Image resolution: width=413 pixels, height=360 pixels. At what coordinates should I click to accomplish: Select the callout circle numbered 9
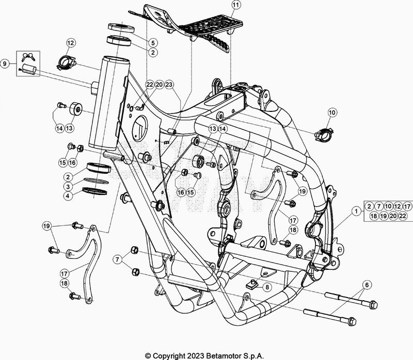pyautogui.click(x=5, y=64)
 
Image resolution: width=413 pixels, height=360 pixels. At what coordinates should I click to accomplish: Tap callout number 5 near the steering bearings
pyautogui.click(x=154, y=42)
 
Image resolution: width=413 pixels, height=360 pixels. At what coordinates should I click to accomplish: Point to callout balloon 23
pyautogui.click(x=169, y=85)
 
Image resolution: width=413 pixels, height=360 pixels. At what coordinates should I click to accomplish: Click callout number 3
pyautogui.click(x=68, y=186)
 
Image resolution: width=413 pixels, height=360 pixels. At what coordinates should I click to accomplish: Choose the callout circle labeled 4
pyautogui.click(x=68, y=195)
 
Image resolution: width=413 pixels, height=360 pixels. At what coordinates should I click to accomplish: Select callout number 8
pyautogui.click(x=267, y=287)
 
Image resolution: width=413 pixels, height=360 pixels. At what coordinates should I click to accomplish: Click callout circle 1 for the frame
pyautogui.click(x=356, y=210)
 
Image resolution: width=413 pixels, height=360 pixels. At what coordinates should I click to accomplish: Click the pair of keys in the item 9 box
pyautogui.click(x=26, y=56)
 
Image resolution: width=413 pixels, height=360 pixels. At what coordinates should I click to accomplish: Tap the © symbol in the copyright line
pyautogui.click(x=148, y=355)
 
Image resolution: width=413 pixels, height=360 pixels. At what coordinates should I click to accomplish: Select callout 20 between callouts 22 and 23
pyautogui.click(x=159, y=85)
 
